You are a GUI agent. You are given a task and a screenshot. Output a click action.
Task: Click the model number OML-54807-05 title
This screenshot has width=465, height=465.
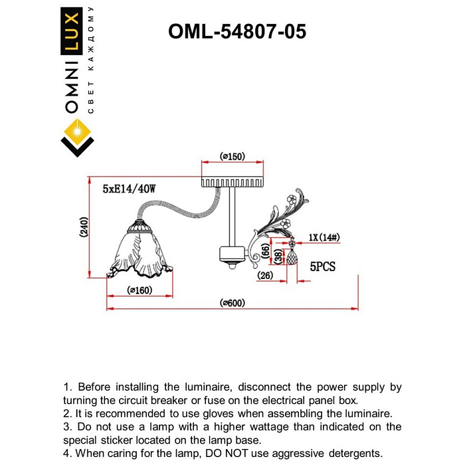[x=237, y=31]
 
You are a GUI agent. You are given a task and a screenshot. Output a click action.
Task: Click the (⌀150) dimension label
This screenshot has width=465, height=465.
[x=232, y=157]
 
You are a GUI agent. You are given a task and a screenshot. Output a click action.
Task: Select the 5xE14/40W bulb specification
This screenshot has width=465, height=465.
[x=129, y=189]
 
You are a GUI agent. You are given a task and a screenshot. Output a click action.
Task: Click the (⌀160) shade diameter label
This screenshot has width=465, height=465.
[x=139, y=290]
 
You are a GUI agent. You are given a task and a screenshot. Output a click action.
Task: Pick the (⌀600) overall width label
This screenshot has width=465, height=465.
[x=232, y=303]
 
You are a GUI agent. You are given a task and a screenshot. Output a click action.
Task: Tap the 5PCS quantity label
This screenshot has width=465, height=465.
[x=323, y=266]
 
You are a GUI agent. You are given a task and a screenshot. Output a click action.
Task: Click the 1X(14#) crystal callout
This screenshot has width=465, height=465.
[x=325, y=238]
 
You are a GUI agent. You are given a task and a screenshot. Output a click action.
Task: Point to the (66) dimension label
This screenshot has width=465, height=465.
[x=266, y=250]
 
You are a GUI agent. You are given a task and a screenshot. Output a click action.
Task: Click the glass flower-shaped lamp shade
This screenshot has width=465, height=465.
[x=139, y=252]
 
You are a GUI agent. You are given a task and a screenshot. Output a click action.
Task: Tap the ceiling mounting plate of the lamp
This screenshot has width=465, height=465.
[x=232, y=181]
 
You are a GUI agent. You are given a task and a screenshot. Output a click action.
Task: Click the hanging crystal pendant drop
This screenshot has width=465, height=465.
[x=290, y=256]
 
